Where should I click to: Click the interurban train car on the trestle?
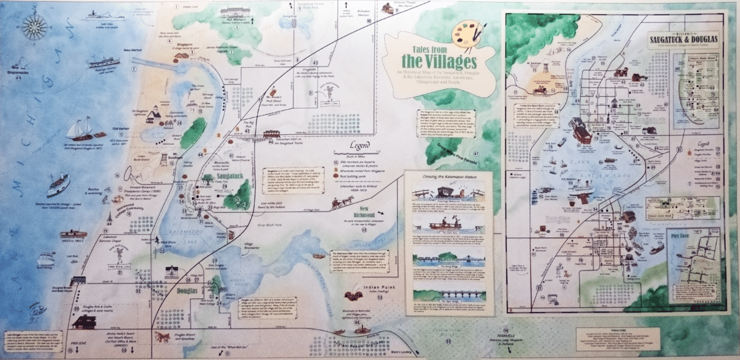[271, 134]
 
